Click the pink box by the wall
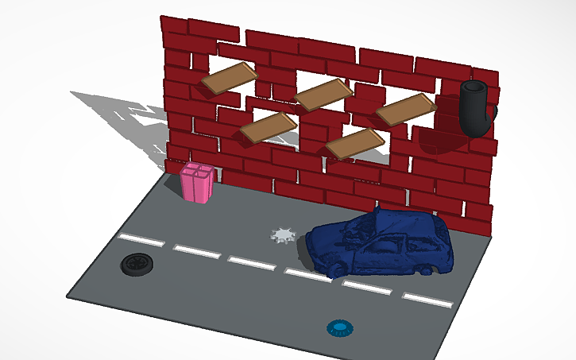click(x=196, y=184)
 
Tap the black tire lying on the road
click(x=137, y=264)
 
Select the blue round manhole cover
click(x=340, y=327)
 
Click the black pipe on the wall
click(x=476, y=110)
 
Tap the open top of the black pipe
click(x=475, y=88)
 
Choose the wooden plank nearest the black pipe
click(x=406, y=109)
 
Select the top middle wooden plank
click(x=323, y=94)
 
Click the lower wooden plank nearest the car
click(x=355, y=142)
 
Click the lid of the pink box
click(x=196, y=170)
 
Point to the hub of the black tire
click(x=137, y=263)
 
